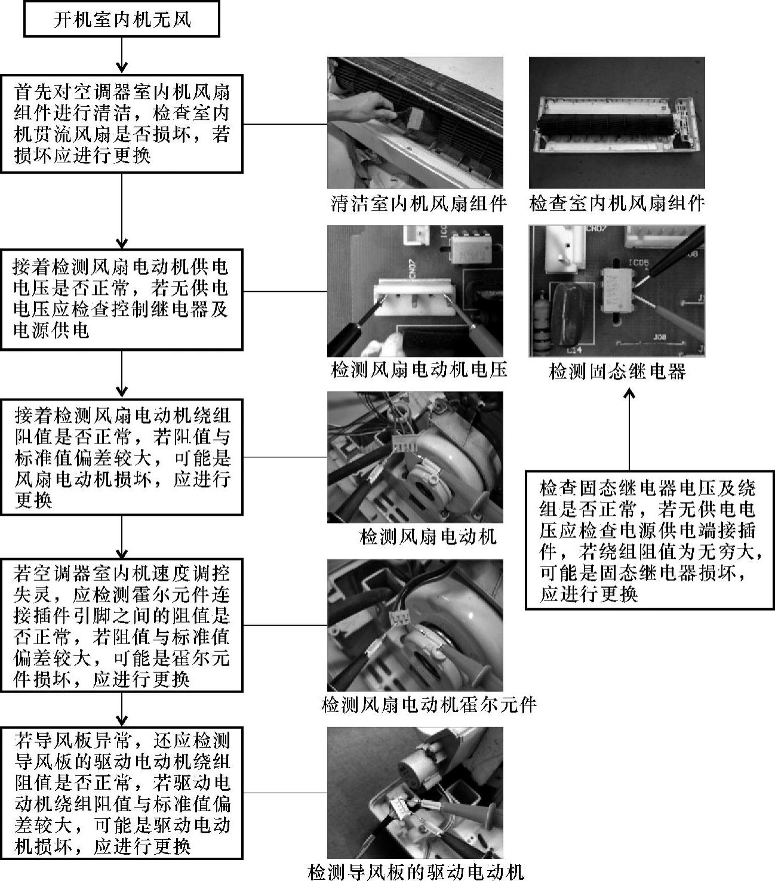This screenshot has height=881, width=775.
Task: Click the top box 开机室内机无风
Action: [122, 20]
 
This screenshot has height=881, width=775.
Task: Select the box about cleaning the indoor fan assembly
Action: [122, 124]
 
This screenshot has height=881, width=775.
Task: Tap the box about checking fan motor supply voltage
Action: [122, 299]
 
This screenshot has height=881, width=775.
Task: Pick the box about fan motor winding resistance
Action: [122, 457]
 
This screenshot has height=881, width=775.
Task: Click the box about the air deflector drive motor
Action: [122, 793]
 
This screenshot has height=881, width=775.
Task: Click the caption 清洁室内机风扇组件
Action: [419, 204]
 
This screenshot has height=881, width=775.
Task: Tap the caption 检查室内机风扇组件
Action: [617, 204]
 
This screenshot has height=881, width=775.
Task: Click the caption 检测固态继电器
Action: [617, 372]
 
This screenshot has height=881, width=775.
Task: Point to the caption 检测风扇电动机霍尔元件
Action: [429, 705]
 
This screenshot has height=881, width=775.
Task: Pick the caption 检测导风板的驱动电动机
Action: [416, 872]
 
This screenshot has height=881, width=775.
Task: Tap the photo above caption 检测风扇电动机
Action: [415, 457]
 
